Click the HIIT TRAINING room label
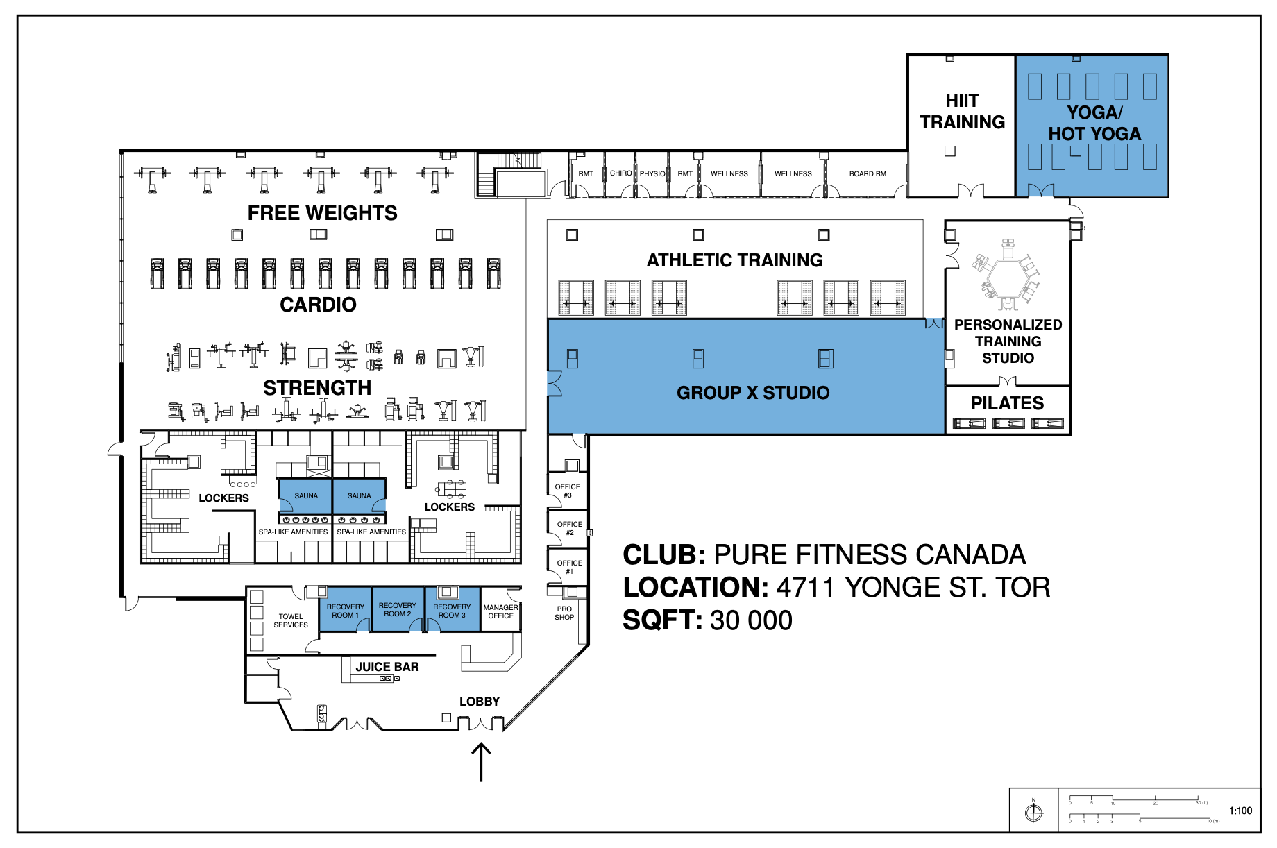pyautogui.click(x=962, y=112)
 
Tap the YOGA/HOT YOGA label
pyautogui.click(x=1094, y=123)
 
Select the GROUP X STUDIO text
pyautogui.click(x=753, y=393)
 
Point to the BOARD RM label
pyautogui.click(x=868, y=174)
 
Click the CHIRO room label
pyautogui.click(x=620, y=173)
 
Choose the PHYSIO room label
pyautogui.click(x=652, y=174)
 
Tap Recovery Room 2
pyautogui.click(x=398, y=610)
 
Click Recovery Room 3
pyautogui.click(x=452, y=611)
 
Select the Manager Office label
pyautogui.click(x=500, y=611)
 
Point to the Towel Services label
pyautogui.click(x=291, y=620)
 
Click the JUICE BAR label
pyautogui.click(x=387, y=667)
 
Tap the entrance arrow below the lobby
pyautogui.click(x=481, y=762)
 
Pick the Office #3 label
pyautogui.click(x=568, y=491)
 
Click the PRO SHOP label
pyautogui.click(x=564, y=613)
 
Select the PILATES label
pyautogui.click(x=1007, y=403)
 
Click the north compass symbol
pyautogui.click(x=1033, y=811)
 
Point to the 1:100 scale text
pyautogui.click(x=1240, y=811)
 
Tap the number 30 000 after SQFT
pyautogui.click(x=751, y=620)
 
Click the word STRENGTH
pyautogui.click(x=317, y=388)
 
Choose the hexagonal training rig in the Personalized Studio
pyautogui.click(x=1006, y=276)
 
